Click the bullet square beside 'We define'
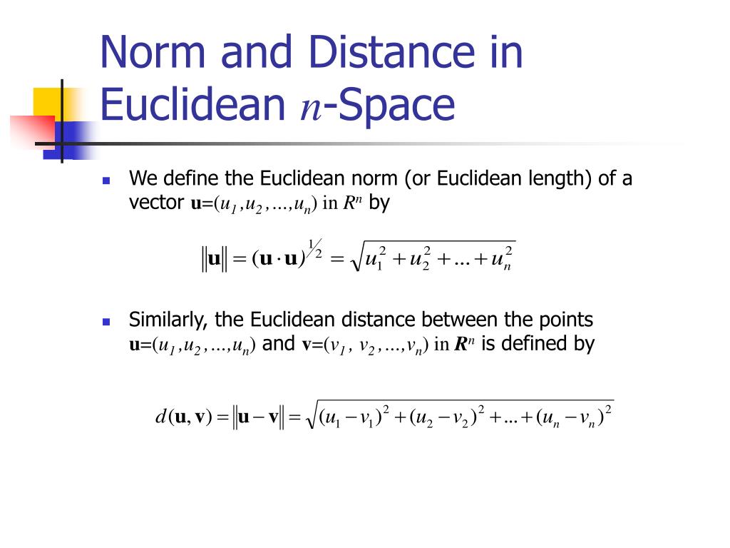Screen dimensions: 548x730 106,181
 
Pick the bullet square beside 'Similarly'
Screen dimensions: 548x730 106,322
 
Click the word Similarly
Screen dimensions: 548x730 165,320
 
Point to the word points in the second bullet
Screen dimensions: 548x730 566,320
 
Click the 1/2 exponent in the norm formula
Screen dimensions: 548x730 314,250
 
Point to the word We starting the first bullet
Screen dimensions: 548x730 141,178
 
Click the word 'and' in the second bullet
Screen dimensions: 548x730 279,344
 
